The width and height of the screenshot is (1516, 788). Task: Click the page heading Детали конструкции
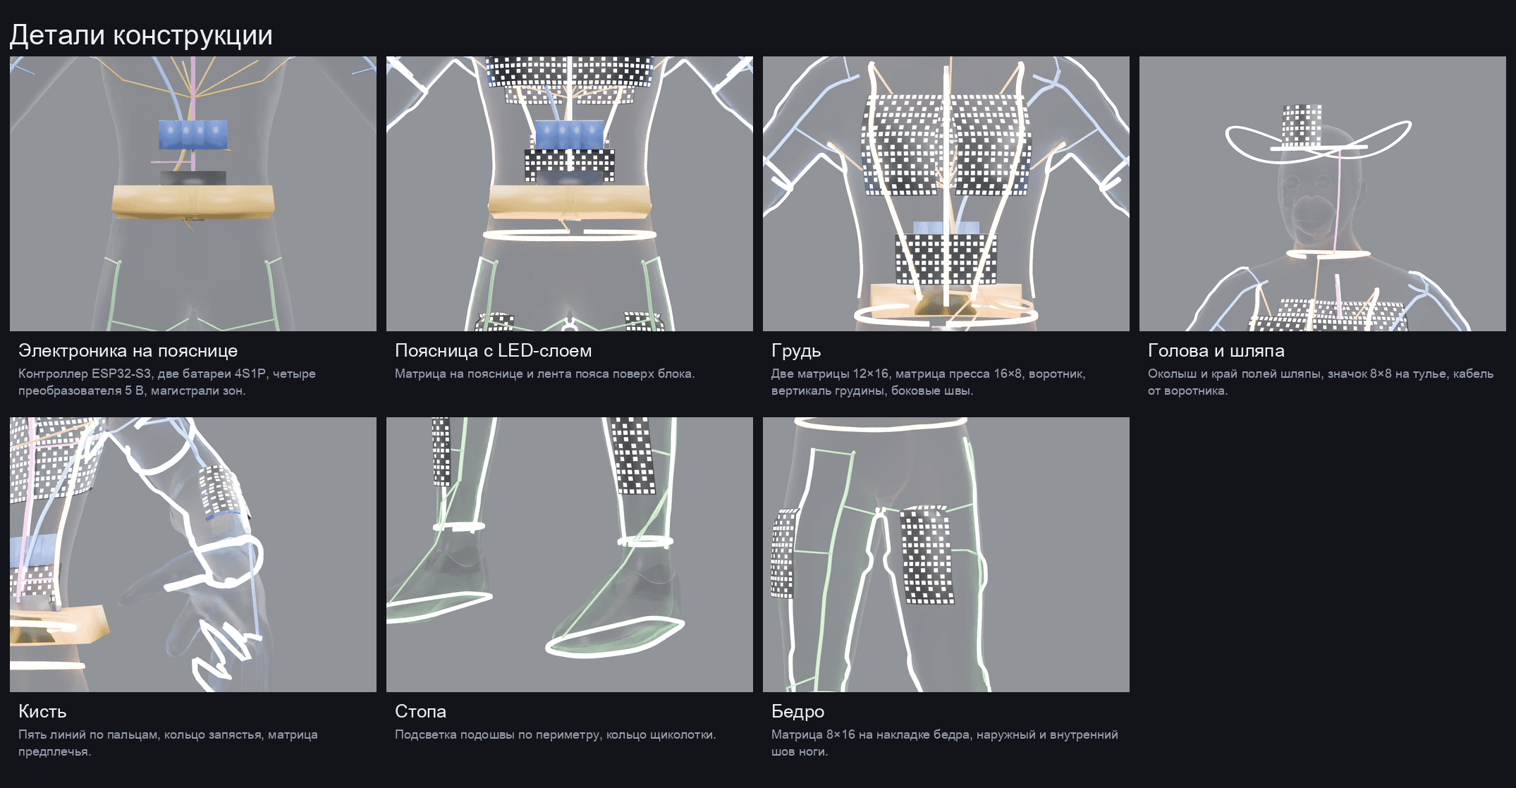(x=141, y=35)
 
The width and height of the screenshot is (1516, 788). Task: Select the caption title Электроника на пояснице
(x=128, y=350)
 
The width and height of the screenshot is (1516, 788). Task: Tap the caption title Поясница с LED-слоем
(x=493, y=350)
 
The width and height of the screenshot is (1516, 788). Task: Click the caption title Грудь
(x=796, y=351)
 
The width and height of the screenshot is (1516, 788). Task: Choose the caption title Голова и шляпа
(x=1216, y=350)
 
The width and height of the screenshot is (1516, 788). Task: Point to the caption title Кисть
(x=42, y=711)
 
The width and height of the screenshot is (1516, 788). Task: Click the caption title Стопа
(x=420, y=711)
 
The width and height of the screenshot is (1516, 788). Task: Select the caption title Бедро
(x=797, y=712)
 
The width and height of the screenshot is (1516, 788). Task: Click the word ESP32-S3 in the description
(x=121, y=374)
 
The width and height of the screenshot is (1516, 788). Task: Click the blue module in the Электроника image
(x=193, y=134)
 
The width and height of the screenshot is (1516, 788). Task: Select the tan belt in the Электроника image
(x=192, y=201)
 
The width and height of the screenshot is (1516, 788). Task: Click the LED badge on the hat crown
(x=1302, y=126)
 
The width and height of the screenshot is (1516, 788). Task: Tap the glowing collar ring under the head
(x=1328, y=253)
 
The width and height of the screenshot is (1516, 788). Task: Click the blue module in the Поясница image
(x=570, y=134)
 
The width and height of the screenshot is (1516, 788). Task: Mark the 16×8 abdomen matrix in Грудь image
(x=946, y=259)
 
